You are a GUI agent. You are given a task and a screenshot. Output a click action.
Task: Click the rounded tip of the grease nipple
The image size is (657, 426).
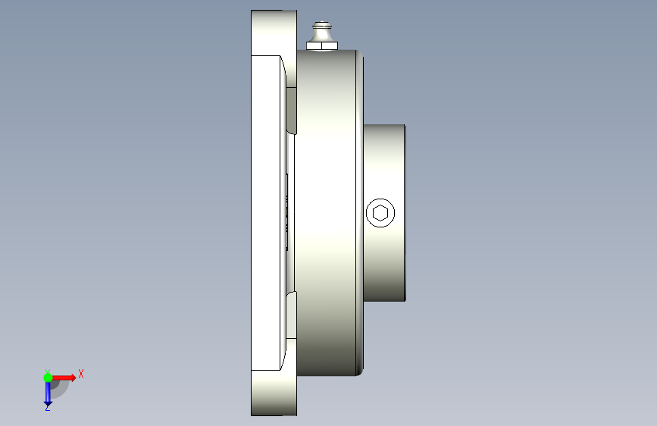pos(322,24)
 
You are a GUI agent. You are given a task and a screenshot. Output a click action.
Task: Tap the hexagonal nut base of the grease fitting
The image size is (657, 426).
pos(322,45)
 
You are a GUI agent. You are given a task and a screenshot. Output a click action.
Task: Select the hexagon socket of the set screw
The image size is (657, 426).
pos(380,213)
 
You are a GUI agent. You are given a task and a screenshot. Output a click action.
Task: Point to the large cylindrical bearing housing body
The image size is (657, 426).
pos(326,212)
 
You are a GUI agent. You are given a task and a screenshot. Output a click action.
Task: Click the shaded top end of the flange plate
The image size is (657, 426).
pos(274,33)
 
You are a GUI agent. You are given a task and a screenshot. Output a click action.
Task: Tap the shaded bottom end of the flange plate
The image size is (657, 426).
pos(274,393)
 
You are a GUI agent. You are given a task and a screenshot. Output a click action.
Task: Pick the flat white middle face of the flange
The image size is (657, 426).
pos(266,213)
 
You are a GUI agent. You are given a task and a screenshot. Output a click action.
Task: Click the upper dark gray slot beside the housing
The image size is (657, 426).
pos(291,110)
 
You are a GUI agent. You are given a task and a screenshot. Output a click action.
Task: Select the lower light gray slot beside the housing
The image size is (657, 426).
pos(291,315)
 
